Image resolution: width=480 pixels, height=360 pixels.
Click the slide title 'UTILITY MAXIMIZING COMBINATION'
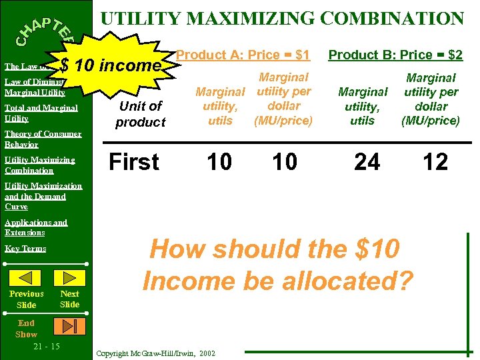[281, 18]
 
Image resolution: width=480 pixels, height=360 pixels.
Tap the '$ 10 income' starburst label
[110, 65]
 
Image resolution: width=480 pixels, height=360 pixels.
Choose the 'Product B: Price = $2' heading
[396, 54]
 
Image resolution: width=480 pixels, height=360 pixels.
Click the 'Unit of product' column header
[140, 114]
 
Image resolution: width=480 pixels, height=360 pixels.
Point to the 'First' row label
[134, 162]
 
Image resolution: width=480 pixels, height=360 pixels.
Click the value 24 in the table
[367, 162]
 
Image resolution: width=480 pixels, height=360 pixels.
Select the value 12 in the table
[435, 162]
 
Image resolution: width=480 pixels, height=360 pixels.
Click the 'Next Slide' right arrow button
[69, 278]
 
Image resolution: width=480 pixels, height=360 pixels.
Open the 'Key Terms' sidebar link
[25, 249]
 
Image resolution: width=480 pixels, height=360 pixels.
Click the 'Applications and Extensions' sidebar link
[35, 227]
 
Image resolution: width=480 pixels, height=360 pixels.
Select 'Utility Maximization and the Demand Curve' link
[43, 196]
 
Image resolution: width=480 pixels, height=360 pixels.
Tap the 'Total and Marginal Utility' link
[41, 113]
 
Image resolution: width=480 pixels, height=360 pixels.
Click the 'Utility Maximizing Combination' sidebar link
[39, 165]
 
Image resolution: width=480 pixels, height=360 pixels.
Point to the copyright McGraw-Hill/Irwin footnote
[156, 353]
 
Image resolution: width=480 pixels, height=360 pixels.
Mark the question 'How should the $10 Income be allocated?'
[278, 265]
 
